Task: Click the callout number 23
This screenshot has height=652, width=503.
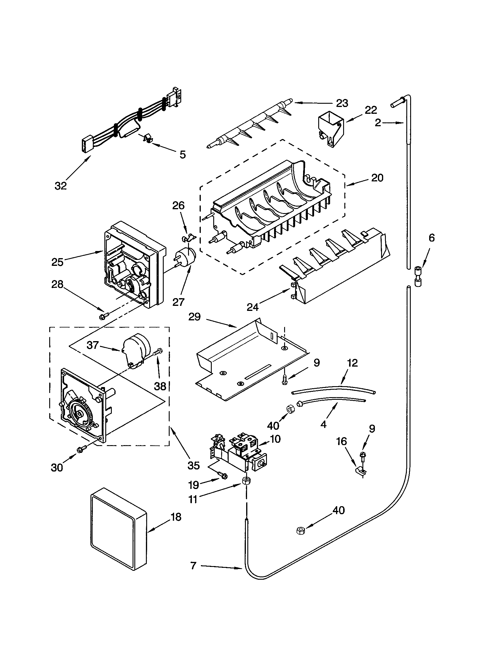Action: click(342, 103)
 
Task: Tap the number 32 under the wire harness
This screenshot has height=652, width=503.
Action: click(61, 186)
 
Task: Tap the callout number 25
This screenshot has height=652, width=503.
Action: click(57, 262)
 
